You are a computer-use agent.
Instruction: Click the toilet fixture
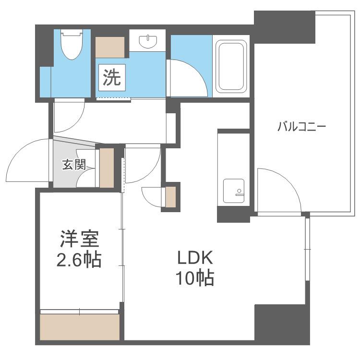pyautogui.click(x=72, y=44)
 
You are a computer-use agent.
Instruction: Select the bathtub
pyautogui.click(x=231, y=67)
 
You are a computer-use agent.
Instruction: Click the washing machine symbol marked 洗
pyautogui.click(x=112, y=77)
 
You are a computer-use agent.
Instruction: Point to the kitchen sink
pyautogui.click(x=234, y=191)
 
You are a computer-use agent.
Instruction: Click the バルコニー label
pyautogui.click(x=302, y=127)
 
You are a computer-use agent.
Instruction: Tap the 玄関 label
pyautogui.click(x=74, y=164)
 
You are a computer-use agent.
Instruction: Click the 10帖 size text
pyautogui.click(x=195, y=278)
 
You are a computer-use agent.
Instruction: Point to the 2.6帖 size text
pyautogui.click(x=79, y=260)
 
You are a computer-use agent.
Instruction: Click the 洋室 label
pyautogui.click(x=79, y=239)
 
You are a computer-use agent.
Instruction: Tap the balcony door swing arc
pyautogui.click(x=286, y=181)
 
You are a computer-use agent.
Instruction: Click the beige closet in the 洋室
pyautogui.click(x=80, y=327)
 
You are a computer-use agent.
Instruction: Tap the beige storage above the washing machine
pyautogui.click(x=110, y=48)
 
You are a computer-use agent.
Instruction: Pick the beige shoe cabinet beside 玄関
pyautogui.click(x=107, y=168)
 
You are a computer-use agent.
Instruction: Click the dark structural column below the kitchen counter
pyautogui.click(x=233, y=214)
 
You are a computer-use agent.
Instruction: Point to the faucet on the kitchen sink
pyautogui.click(x=239, y=192)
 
